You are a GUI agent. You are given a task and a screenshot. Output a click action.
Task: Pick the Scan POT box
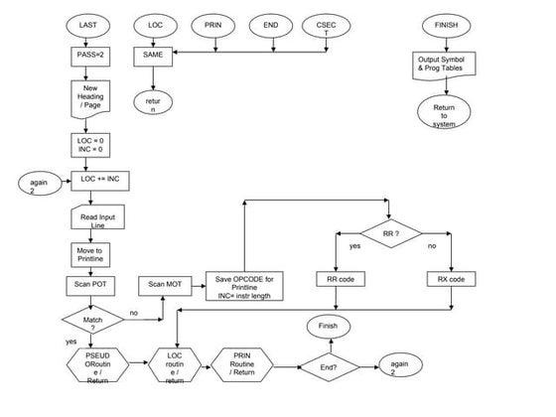[x=90, y=284]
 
